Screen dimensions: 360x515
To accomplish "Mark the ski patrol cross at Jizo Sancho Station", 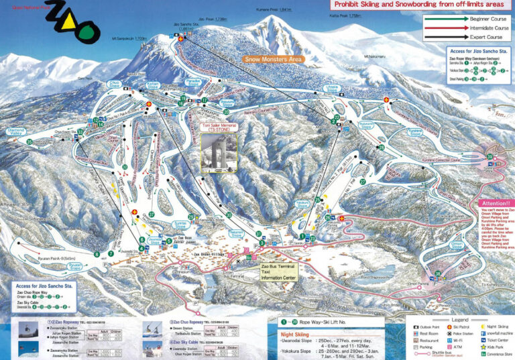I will click(180, 38).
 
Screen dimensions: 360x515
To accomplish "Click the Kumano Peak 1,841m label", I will click(276, 10).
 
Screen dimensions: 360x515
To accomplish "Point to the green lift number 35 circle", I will click(29, 142).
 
